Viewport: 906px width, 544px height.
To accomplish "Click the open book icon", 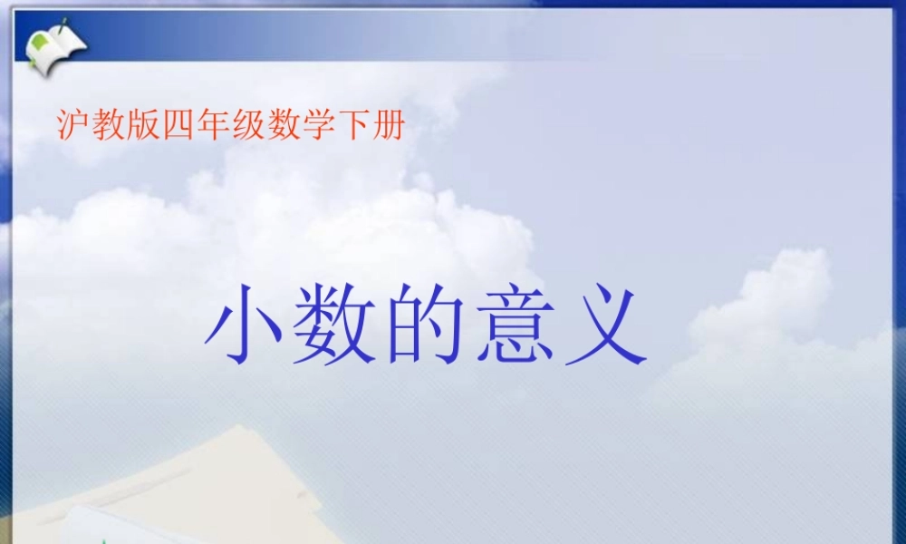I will [55, 44].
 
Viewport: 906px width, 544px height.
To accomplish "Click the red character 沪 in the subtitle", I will [73, 127].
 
